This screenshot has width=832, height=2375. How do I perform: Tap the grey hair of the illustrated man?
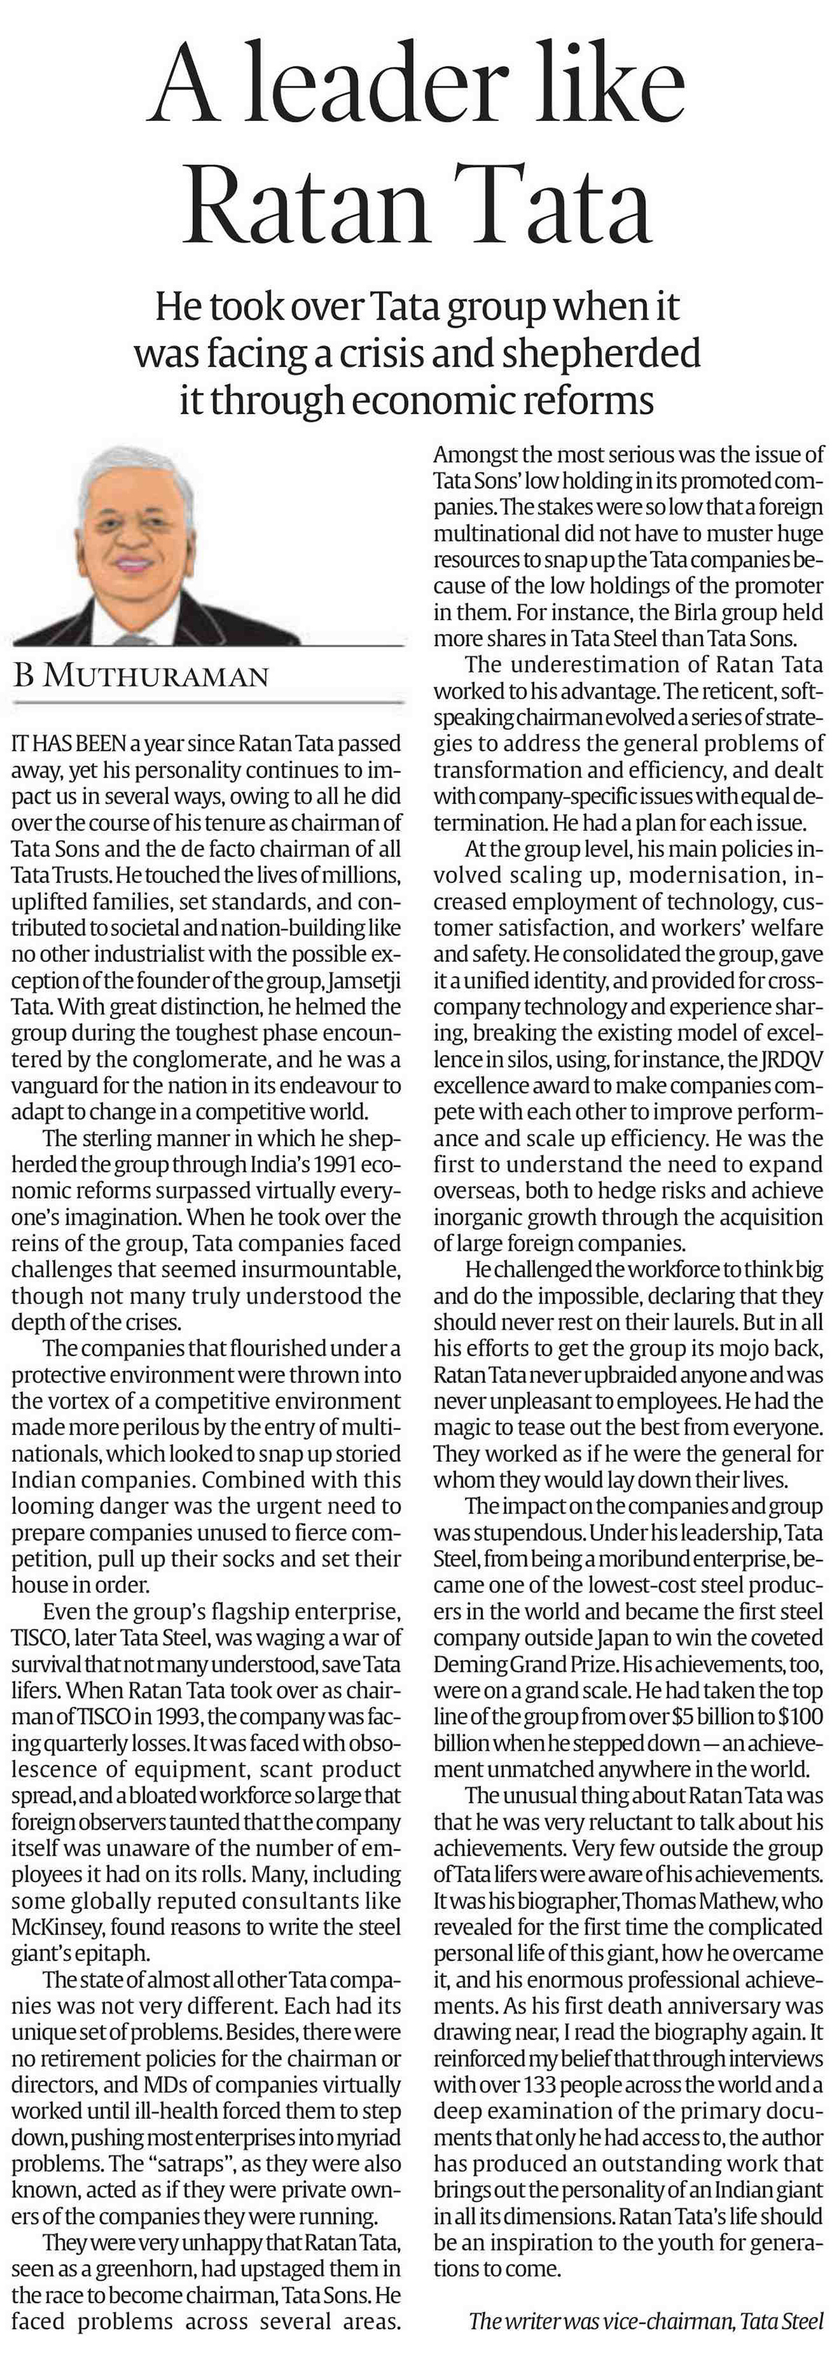(x=129, y=471)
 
